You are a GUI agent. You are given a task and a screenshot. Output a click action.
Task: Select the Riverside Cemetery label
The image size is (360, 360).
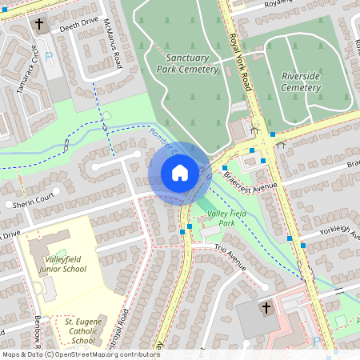[301, 81]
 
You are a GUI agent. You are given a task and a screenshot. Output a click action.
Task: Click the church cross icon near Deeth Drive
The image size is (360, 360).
[39, 24]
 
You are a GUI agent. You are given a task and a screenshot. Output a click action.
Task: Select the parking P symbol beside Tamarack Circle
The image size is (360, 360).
[50, 56]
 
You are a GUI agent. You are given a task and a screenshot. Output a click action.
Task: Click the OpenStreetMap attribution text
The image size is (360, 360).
[81, 354]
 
